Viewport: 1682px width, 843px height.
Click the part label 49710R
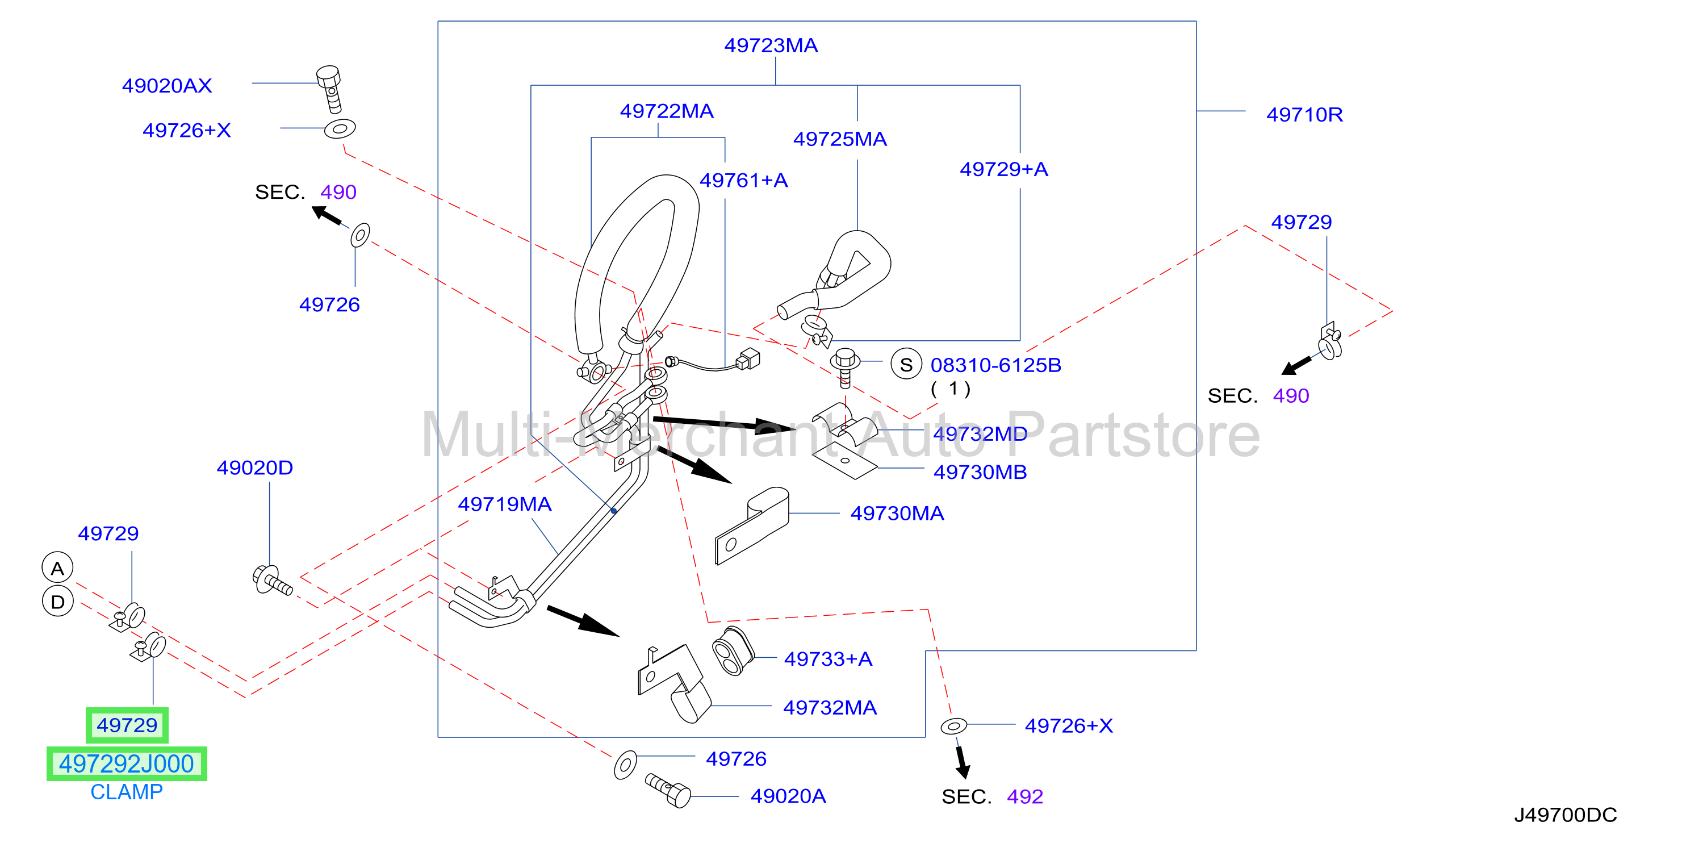[x=1304, y=115]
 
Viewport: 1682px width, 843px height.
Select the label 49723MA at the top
[x=771, y=45]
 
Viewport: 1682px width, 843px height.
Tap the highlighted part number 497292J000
[x=127, y=763]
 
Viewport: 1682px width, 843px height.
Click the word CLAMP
[x=127, y=791]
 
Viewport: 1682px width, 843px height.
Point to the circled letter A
[x=57, y=568]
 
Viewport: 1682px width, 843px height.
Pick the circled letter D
[x=57, y=602]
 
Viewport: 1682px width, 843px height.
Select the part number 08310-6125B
[x=996, y=365]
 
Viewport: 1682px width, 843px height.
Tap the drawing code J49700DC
[x=1565, y=815]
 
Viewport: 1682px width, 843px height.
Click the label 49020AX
[x=167, y=86]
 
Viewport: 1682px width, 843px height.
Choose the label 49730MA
[x=897, y=514]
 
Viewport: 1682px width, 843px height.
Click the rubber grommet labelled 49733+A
[x=733, y=652]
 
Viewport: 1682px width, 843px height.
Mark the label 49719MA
[x=505, y=504]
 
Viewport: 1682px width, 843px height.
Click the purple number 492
[x=1024, y=796]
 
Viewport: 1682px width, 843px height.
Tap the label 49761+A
[x=744, y=180]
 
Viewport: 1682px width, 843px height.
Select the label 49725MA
[x=840, y=139]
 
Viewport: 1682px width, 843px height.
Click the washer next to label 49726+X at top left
[x=340, y=128]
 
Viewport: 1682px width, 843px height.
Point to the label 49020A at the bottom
[x=788, y=796]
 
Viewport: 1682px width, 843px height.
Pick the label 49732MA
[x=830, y=708]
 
